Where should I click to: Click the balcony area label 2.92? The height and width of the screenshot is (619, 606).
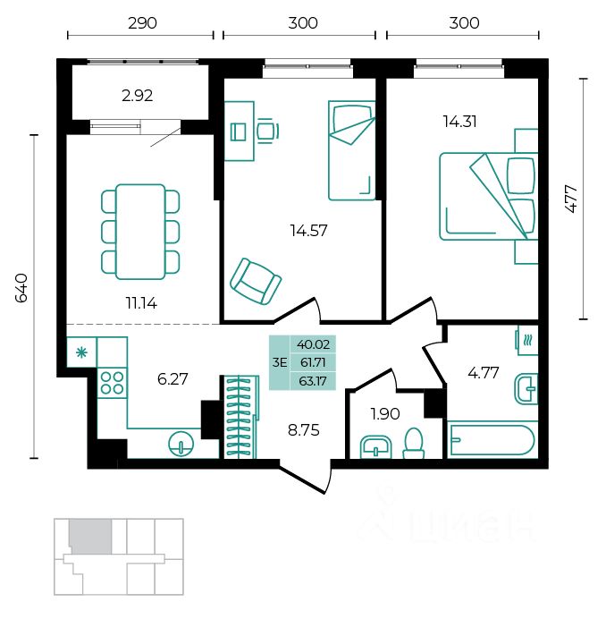coord(138,96)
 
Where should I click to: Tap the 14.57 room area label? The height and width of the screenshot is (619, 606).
coord(308,231)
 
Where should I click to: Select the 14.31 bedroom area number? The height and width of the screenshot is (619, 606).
coord(459,122)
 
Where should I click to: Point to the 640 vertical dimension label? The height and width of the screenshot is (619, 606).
coord(21,287)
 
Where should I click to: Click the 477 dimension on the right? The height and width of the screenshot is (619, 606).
coord(572,199)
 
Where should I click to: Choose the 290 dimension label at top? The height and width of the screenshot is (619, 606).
coord(142,23)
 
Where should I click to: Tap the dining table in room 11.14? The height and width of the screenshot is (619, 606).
coord(140,232)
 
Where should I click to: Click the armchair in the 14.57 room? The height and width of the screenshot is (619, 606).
coord(256,281)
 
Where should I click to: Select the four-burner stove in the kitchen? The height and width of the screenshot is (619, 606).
coord(112,383)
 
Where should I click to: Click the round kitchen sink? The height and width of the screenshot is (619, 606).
coord(181,444)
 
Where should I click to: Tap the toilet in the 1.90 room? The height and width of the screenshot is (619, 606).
coord(414,444)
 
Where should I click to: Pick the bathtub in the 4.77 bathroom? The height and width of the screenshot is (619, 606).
coord(492,440)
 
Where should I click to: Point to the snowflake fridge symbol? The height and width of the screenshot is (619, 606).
coord(81,352)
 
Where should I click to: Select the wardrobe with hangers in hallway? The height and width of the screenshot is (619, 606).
coord(241,417)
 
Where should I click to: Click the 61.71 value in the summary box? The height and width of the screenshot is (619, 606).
coord(313,362)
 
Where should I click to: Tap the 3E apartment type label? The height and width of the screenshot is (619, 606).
coord(280,362)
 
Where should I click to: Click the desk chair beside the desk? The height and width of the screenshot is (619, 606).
coord(268,131)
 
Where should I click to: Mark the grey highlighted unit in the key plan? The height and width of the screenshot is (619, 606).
coord(90,536)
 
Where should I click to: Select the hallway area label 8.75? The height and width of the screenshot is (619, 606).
coord(303,430)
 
